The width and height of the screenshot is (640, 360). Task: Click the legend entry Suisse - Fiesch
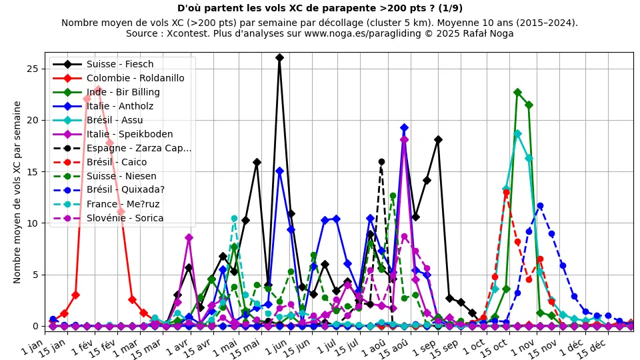pyautogui.click(x=120, y=64)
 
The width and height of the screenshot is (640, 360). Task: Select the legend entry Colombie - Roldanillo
pyautogui.click(x=135, y=78)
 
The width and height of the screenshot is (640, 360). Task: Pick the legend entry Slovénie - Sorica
pyautogui.click(x=125, y=218)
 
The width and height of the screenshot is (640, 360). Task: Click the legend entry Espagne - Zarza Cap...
pyautogui.click(x=139, y=148)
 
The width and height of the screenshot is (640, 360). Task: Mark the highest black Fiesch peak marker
pyautogui.click(x=279, y=58)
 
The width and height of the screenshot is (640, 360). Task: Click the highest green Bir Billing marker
pyautogui.click(x=517, y=93)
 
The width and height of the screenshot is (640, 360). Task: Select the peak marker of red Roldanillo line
pyautogui.click(x=98, y=89)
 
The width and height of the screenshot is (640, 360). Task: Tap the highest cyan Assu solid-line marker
pyautogui.click(x=517, y=133)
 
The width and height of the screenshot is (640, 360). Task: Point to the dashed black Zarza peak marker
pyautogui.click(x=381, y=161)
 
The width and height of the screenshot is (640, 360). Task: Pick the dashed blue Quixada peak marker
pyautogui.click(x=540, y=206)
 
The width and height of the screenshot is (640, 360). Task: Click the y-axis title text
pyautogui.click(x=17, y=192)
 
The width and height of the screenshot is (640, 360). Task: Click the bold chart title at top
pyautogui.click(x=320, y=8)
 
